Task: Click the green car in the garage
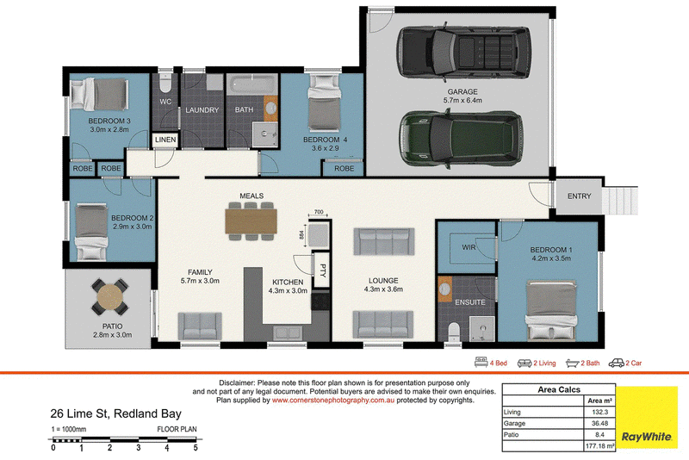(x=462, y=139)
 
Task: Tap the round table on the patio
(x=110, y=297)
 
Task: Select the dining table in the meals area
(x=251, y=221)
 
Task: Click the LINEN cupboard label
(x=165, y=140)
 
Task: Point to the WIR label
(x=469, y=247)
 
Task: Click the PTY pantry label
(x=322, y=270)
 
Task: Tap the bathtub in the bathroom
(x=252, y=84)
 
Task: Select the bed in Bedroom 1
(x=551, y=312)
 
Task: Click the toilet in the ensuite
(x=453, y=333)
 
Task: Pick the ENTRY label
(x=579, y=196)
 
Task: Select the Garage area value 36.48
(x=599, y=424)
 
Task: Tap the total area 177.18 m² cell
(x=599, y=446)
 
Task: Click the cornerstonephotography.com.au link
(x=333, y=401)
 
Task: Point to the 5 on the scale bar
(x=196, y=448)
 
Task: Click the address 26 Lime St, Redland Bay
(x=116, y=413)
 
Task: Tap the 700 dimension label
(x=319, y=212)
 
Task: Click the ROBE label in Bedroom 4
(x=344, y=168)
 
